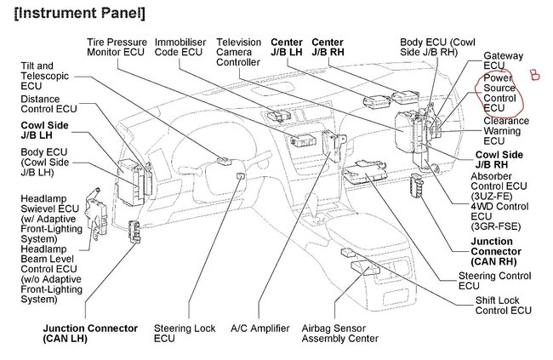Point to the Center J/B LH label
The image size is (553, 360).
(287, 49)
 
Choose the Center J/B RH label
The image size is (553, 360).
(328, 49)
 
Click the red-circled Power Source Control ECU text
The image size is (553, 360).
(499, 93)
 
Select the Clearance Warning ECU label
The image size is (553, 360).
(506, 127)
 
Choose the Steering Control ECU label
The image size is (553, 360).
(495, 280)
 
